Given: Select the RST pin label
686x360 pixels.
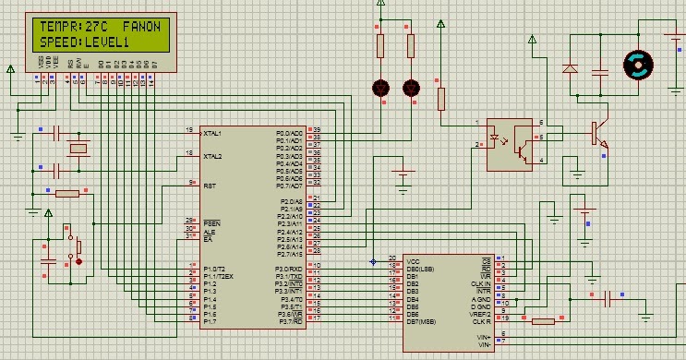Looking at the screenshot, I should click(x=210, y=185).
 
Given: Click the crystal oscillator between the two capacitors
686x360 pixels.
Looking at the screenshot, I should click(x=79, y=150).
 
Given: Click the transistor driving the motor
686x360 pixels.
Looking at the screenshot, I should click(x=599, y=133).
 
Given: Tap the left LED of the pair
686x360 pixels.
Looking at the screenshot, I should click(x=379, y=89).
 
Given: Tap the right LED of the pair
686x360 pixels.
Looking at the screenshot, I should click(x=411, y=89).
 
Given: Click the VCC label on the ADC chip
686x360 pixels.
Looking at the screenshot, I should click(x=413, y=259).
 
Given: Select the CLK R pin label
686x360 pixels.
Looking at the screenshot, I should click(x=482, y=320).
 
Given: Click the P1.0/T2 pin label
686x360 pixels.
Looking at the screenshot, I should click(x=215, y=268).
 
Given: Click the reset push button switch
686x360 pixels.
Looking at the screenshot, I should click(x=73, y=246).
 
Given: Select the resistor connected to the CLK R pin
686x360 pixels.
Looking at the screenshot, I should click(x=542, y=321).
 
